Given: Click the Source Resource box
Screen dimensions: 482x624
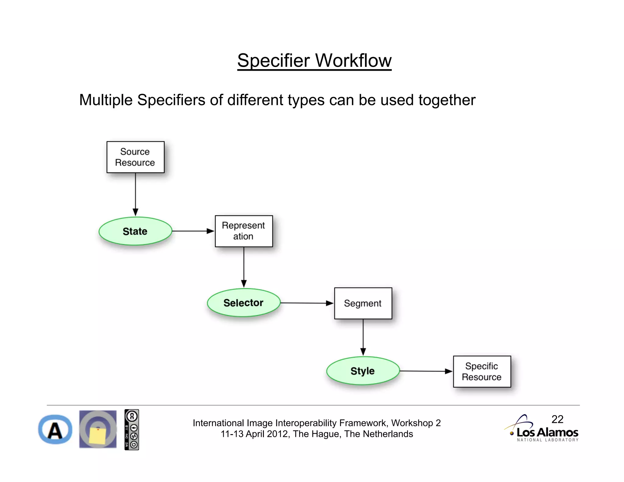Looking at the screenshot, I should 135,157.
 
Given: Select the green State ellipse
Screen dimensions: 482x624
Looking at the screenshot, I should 135,231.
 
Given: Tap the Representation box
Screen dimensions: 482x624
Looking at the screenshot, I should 243,231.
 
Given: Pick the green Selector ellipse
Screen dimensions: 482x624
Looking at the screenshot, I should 243,303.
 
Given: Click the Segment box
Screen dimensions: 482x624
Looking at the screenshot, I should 363,303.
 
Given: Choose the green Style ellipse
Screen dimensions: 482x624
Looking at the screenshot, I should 363,371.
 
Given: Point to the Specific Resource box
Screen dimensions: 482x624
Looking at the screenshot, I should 482,371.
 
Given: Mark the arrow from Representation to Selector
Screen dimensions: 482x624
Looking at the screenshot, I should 244,267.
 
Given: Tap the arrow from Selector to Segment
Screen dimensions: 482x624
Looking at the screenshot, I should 307,303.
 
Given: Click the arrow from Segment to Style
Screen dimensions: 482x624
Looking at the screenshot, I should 363,337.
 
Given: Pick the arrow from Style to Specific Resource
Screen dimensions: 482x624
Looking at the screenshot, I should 426,371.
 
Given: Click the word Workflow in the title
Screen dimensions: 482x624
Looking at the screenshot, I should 353,60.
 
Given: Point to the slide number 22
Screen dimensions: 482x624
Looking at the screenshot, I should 557,419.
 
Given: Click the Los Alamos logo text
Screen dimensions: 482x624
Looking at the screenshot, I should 547,432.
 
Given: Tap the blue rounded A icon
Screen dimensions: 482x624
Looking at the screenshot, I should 55,430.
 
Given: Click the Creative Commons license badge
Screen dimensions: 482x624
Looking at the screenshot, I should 132,430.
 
